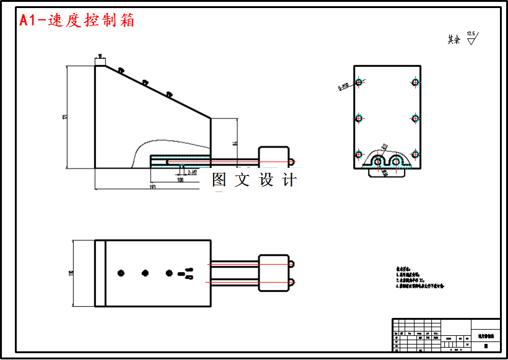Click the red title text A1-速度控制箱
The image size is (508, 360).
click(x=77, y=20)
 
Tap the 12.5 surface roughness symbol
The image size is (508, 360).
click(x=471, y=38)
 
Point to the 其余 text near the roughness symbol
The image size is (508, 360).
click(x=453, y=40)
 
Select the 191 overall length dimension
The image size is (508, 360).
click(x=152, y=186)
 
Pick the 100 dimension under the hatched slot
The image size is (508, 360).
click(x=180, y=180)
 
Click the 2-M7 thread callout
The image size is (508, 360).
click(x=192, y=172)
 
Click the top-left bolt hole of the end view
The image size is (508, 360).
click(x=358, y=82)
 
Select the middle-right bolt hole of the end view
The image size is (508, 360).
click(x=415, y=118)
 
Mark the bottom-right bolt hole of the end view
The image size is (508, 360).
click(x=415, y=154)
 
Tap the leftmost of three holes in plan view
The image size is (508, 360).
click(x=121, y=273)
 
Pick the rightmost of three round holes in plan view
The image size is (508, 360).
click(x=169, y=273)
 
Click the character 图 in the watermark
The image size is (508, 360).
click(x=219, y=180)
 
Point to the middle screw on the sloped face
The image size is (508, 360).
click(x=144, y=82)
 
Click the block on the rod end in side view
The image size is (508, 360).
click(x=273, y=157)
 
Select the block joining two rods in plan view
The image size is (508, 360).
click(x=273, y=273)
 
